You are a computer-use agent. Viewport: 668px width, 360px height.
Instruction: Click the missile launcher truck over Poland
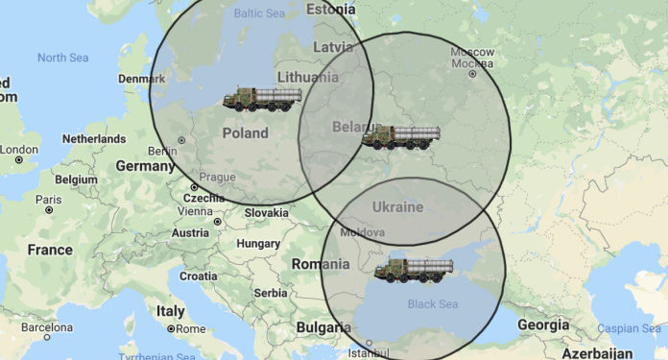(x=262, y=100)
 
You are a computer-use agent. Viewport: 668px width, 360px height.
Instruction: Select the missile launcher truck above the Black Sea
(x=414, y=271)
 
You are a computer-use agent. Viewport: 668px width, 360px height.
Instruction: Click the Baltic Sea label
(x=260, y=14)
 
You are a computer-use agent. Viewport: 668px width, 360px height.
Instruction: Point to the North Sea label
(x=62, y=58)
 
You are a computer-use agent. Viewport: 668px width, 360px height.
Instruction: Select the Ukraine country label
(x=397, y=207)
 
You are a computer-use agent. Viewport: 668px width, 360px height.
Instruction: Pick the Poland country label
(x=245, y=133)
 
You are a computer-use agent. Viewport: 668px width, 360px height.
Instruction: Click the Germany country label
(x=146, y=166)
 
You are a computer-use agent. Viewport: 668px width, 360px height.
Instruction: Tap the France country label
(x=50, y=250)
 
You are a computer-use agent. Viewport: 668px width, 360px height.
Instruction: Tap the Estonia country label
(x=330, y=9)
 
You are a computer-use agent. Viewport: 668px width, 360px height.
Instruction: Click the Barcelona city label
(x=46, y=326)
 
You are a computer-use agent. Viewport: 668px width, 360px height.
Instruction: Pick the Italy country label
(x=170, y=311)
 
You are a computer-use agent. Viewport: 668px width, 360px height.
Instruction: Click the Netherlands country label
(x=93, y=139)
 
